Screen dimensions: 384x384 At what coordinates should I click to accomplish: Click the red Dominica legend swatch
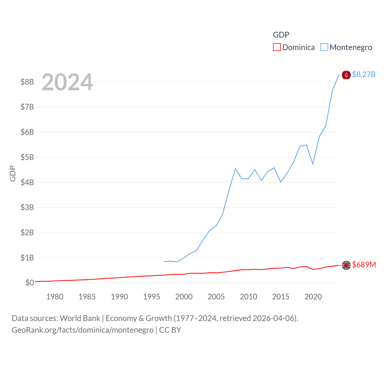(277, 47)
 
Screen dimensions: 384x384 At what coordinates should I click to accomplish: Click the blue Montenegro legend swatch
(324, 47)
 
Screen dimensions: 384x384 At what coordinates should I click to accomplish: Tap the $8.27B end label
(364, 74)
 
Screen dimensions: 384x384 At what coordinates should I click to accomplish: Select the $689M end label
(364, 265)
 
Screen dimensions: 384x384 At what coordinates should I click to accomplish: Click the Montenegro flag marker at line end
(346, 75)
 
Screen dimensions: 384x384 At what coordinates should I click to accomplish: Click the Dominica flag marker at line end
(346, 265)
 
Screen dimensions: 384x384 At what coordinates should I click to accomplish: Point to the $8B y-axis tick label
(27, 82)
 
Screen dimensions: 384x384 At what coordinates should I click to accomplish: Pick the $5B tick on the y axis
(27, 157)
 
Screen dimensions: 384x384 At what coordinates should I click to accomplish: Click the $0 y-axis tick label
(29, 283)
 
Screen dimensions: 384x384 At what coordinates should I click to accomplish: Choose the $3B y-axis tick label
(27, 207)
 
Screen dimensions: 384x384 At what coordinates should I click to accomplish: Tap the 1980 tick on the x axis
(55, 297)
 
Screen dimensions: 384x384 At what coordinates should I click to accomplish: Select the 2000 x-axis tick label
(184, 297)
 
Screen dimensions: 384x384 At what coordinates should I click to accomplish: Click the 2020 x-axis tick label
(313, 297)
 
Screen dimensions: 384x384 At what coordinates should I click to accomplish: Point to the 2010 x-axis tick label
(248, 297)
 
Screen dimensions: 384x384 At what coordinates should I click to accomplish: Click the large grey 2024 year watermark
(67, 82)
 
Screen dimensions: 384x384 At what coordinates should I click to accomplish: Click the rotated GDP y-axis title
(13, 173)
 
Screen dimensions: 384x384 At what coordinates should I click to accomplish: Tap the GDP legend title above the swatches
(281, 35)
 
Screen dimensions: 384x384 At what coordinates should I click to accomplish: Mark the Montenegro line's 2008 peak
(235, 169)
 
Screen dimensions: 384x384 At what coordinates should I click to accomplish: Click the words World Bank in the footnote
(80, 318)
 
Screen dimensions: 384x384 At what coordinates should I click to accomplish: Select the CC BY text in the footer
(170, 330)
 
